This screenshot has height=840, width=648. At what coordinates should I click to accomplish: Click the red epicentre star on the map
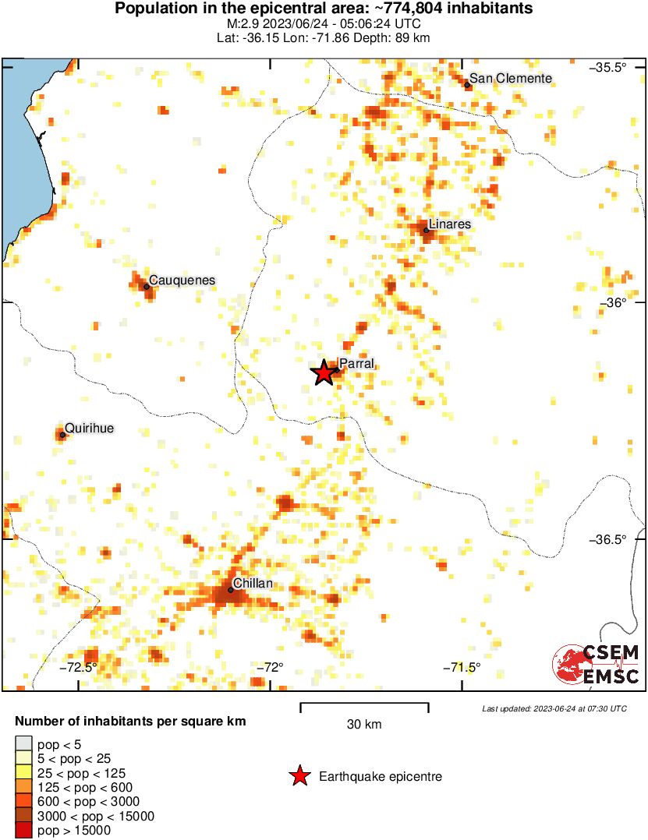324,373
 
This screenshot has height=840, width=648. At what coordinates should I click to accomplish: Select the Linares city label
450,224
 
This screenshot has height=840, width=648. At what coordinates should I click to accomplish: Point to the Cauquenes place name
182,281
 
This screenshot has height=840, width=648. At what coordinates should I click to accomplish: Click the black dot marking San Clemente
467,84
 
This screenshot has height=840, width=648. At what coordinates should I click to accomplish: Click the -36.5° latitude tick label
607,539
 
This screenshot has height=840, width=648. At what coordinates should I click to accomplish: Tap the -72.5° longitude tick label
81,667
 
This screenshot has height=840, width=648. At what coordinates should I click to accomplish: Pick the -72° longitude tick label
271,667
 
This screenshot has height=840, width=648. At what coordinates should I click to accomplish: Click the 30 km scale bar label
364,725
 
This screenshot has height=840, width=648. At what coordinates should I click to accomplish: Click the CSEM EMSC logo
597,665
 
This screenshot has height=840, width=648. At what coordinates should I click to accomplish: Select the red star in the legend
299,776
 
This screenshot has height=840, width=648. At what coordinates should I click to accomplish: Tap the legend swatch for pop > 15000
24,831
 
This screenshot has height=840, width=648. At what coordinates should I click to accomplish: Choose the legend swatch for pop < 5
24,743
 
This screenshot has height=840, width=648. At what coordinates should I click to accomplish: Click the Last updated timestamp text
554,708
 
